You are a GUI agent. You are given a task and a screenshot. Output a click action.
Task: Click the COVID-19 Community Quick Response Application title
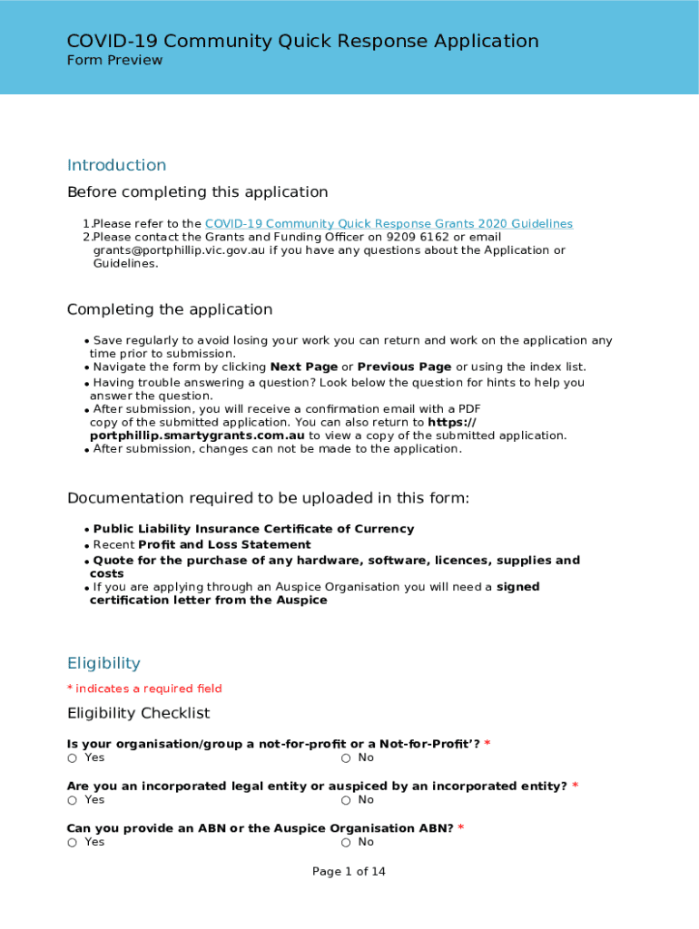click(x=302, y=41)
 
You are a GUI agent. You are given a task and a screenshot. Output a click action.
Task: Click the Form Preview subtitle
click(x=114, y=61)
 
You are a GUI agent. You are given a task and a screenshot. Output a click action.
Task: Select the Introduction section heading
click(x=116, y=165)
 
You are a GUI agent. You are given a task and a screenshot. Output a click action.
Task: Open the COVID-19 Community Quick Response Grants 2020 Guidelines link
click(x=389, y=224)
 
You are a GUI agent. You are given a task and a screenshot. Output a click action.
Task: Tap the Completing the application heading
click(x=169, y=309)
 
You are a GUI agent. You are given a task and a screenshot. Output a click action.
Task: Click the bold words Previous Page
click(x=404, y=367)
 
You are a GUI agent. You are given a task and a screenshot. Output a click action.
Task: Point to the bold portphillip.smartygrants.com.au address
click(x=196, y=435)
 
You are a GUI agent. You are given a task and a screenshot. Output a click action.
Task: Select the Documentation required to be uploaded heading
click(x=268, y=498)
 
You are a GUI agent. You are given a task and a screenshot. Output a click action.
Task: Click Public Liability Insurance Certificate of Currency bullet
click(x=253, y=529)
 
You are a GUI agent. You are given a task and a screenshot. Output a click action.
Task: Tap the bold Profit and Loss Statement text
click(x=224, y=545)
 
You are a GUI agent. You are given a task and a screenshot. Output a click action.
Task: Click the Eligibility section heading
click(x=103, y=663)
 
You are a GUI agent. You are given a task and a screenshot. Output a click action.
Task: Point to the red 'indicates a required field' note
click(x=148, y=689)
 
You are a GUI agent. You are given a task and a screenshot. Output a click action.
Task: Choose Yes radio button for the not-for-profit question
click(x=72, y=758)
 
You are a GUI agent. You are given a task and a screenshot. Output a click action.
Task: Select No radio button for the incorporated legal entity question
click(x=346, y=800)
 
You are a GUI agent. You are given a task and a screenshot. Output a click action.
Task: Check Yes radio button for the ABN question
click(x=72, y=843)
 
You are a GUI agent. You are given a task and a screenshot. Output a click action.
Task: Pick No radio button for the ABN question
click(x=346, y=843)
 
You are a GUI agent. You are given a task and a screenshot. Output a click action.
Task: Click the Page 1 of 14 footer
click(x=349, y=872)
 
